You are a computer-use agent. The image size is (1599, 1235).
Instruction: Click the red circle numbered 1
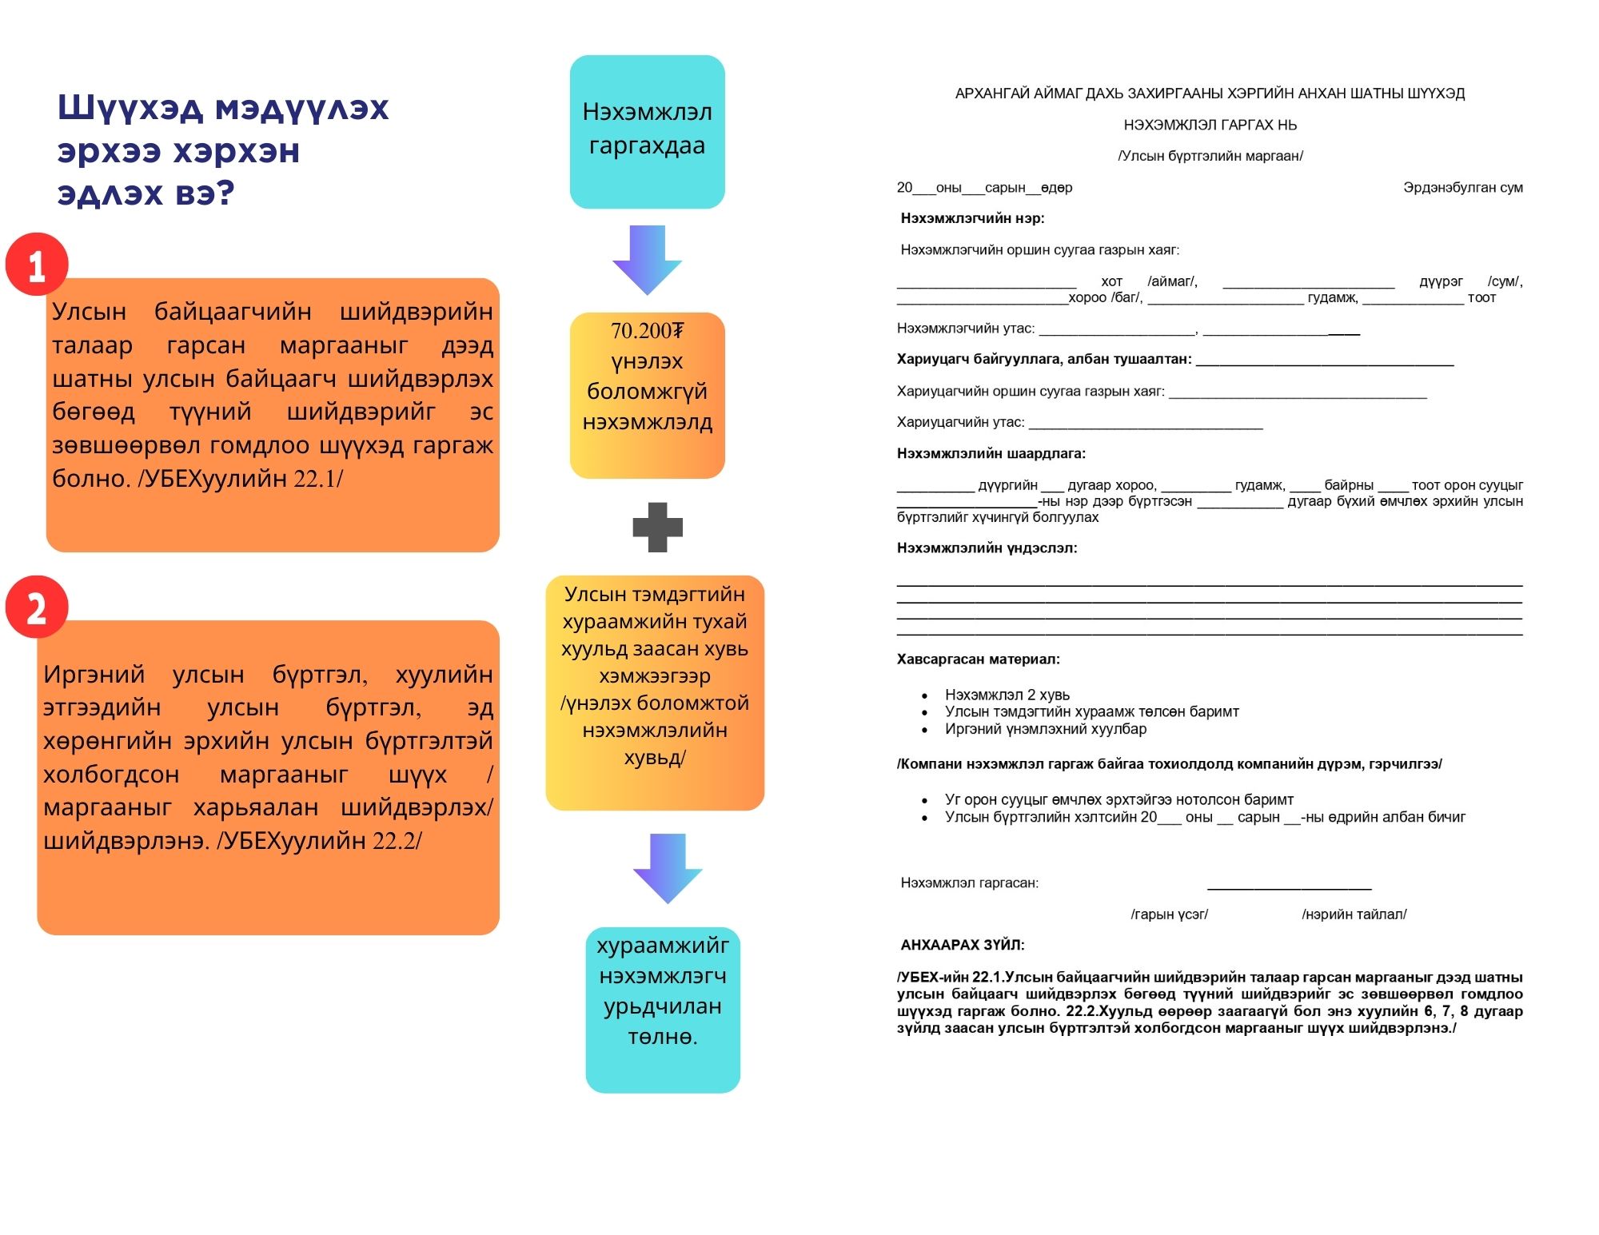(37, 265)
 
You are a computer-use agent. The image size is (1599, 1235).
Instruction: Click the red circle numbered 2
(37, 607)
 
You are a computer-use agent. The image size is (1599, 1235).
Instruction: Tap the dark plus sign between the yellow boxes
(657, 527)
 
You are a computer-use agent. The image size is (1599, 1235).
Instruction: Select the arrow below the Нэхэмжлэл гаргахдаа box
(647, 258)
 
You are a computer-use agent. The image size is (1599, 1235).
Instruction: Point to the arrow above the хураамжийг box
(668, 867)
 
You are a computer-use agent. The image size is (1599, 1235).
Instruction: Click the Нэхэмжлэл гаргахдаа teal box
(647, 131)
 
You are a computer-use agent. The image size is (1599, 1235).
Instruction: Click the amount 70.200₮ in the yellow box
(647, 330)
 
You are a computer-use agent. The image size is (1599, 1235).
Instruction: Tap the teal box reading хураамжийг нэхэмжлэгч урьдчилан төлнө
(663, 1010)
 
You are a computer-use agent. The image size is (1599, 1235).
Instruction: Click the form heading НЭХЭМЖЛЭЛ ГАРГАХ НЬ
(1210, 125)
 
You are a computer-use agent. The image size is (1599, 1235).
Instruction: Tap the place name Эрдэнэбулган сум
(1462, 188)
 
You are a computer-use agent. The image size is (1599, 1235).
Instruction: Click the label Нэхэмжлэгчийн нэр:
(972, 218)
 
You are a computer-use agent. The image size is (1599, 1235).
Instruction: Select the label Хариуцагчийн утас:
(960, 422)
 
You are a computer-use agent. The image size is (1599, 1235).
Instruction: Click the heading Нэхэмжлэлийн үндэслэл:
(987, 548)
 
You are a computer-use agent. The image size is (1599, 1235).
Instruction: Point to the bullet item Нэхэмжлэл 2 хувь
(1007, 695)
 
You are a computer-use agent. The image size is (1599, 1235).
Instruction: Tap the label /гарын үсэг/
(1169, 914)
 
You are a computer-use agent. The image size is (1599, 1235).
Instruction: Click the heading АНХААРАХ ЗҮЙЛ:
(962, 945)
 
